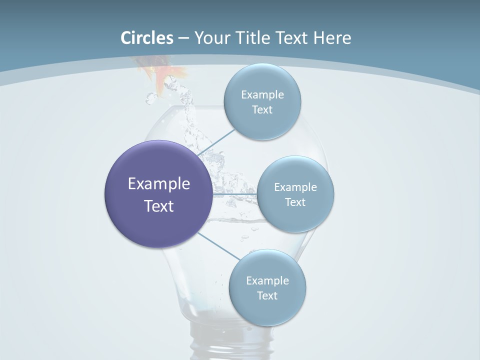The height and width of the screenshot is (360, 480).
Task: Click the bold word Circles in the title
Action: tap(147, 38)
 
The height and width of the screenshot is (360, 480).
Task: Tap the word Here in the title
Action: tap(332, 38)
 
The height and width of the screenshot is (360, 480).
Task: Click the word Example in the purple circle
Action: tap(159, 184)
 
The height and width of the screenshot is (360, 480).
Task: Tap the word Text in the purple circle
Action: tap(159, 206)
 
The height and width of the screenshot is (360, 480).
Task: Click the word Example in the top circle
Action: tap(262, 94)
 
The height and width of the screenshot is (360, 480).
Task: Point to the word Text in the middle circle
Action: tap(295, 202)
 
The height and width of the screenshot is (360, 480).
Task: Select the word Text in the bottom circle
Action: tap(267, 295)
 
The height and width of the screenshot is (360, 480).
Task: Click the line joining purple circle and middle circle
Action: tap(235, 194)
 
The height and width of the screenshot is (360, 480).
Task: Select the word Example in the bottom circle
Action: tap(267, 280)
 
